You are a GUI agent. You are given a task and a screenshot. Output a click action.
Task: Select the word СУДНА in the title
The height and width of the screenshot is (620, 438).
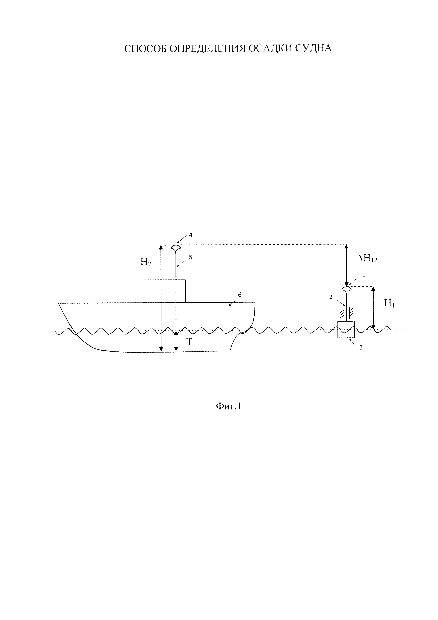tap(313, 48)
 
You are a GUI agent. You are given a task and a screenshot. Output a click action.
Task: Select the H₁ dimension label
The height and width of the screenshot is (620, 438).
tap(389, 304)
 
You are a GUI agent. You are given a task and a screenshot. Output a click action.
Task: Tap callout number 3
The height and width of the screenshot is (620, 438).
tap(361, 348)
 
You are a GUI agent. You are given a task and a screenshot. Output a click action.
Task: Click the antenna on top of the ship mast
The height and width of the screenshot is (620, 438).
tap(176, 247)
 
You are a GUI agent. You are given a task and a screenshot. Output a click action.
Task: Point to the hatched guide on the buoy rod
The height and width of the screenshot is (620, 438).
tap(347, 312)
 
